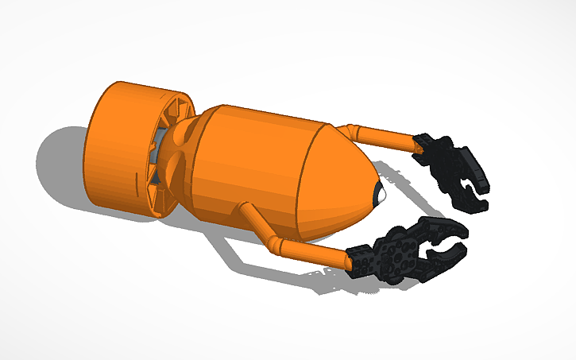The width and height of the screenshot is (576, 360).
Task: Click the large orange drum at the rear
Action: click(x=119, y=147)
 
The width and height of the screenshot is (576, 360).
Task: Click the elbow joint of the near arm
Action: click(x=275, y=242)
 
